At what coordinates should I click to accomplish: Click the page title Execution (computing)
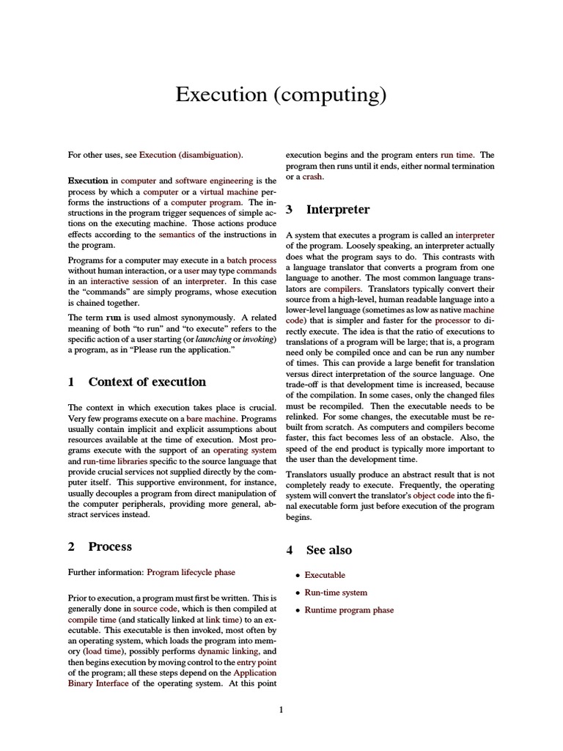[281, 95]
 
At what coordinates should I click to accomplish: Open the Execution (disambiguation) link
[191, 155]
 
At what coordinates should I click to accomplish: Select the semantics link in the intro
[180, 235]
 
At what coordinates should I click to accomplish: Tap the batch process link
[251, 260]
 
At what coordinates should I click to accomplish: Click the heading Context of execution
[147, 381]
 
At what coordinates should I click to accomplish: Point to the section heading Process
[110, 546]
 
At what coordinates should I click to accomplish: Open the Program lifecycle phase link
[191, 572]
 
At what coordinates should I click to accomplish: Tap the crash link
[312, 177]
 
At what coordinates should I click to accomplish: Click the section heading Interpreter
[337, 210]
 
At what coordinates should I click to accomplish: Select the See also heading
[328, 550]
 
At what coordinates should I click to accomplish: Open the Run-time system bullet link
[336, 593]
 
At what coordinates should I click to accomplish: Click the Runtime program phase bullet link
[349, 610]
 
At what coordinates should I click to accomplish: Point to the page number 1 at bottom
[281, 709]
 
